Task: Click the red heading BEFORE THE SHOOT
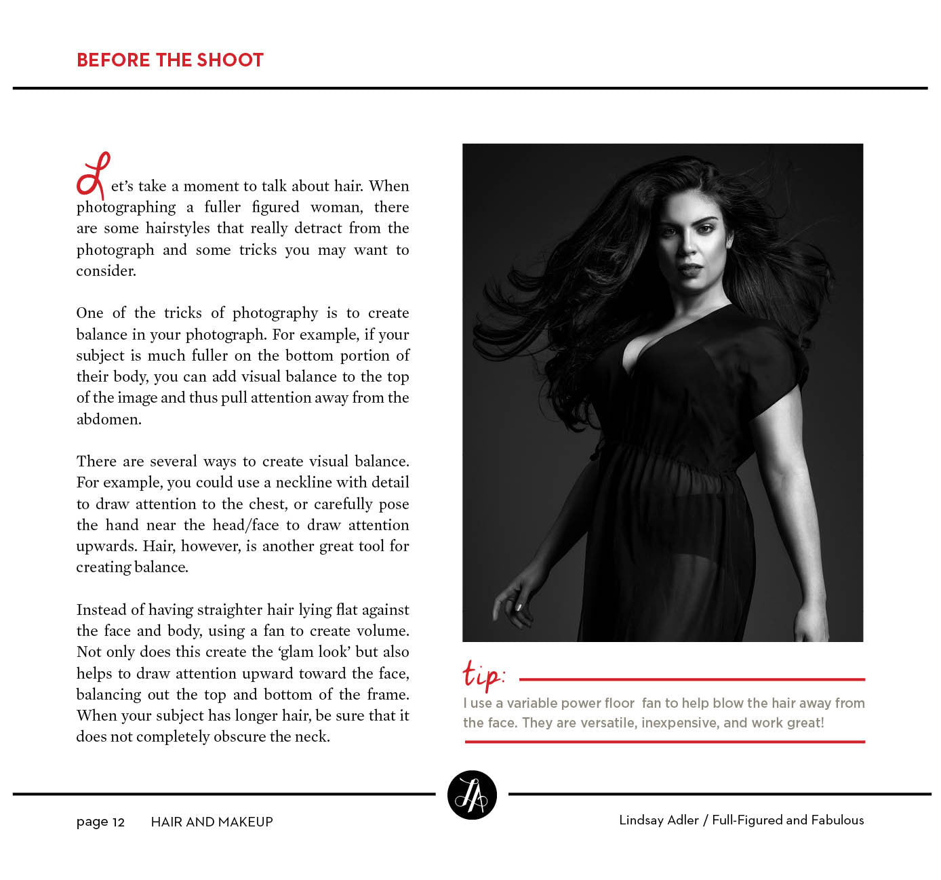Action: (169, 60)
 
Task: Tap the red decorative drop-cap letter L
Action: (93, 176)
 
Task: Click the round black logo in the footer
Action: (472, 795)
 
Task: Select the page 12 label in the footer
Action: (100, 822)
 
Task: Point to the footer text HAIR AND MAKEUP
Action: (212, 822)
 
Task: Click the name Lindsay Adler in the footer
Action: (658, 820)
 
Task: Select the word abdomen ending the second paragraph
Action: (108, 419)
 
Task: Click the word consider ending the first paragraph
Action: (106, 271)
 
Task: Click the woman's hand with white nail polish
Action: (512, 600)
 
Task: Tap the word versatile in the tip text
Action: (607, 723)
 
